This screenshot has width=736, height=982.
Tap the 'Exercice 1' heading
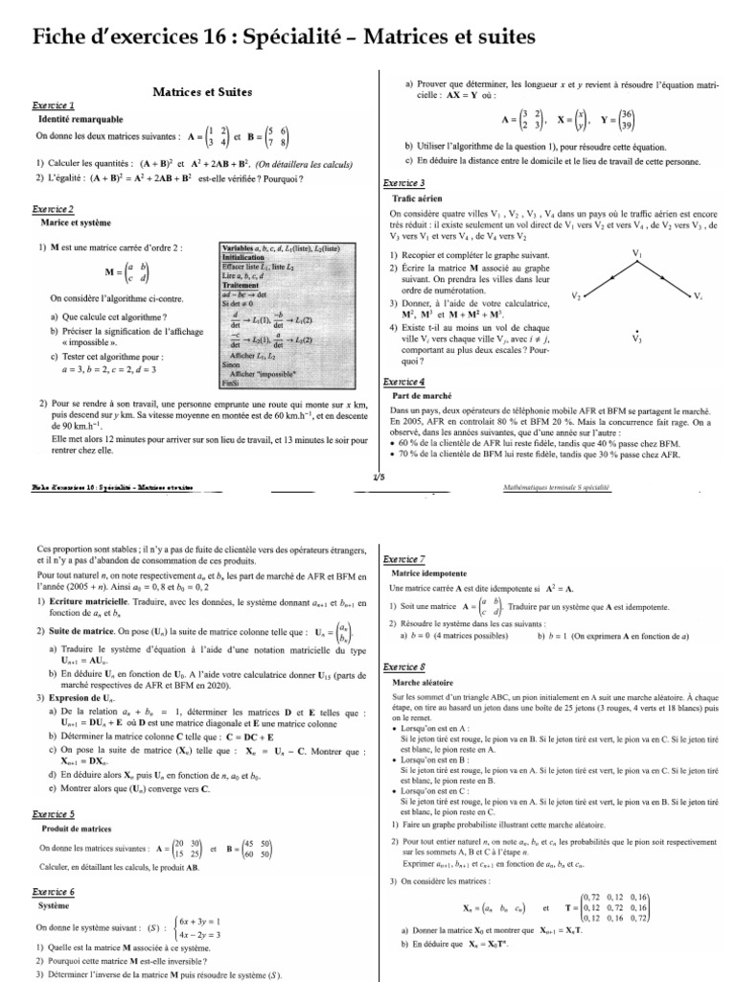point(54,106)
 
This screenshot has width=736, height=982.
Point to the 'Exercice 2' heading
point(54,208)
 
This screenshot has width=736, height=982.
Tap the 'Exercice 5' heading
point(54,814)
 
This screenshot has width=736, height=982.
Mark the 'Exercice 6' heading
point(54,891)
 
